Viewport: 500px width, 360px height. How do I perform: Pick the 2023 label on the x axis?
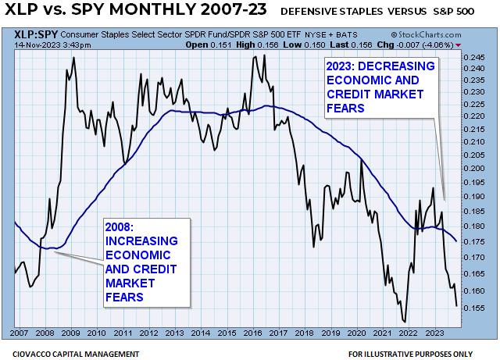click(431, 333)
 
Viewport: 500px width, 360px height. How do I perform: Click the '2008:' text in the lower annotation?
click(120, 227)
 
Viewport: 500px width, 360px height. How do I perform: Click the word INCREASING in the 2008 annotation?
click(141, 241)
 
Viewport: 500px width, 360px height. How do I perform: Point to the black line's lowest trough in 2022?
click(404, 321)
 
